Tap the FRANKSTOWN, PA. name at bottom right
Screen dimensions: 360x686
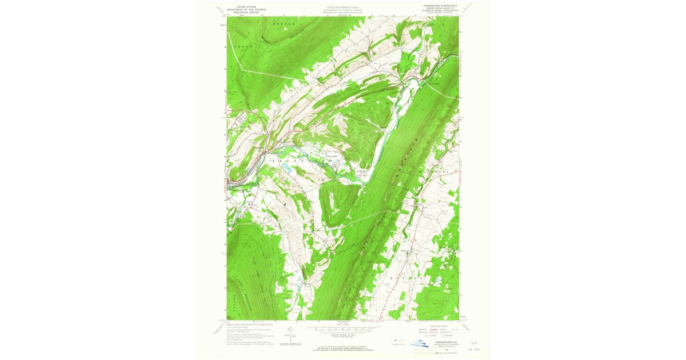click(x=441, y=342)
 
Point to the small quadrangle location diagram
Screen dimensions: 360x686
click(x=398, y=341)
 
